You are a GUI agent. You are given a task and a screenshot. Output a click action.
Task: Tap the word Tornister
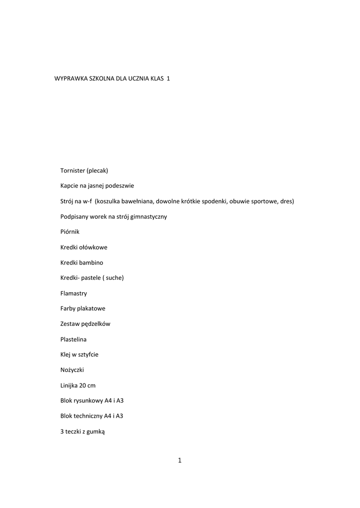coord(72,170)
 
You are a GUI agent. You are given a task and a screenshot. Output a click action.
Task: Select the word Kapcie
coord(70,186)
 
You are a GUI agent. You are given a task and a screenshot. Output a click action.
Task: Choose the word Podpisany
coord(74,216)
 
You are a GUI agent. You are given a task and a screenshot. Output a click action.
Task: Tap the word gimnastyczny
coord(148,216)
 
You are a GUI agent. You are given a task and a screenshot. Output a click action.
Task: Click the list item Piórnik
coord(70,232)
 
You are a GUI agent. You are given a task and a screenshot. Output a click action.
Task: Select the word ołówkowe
coord(93,247)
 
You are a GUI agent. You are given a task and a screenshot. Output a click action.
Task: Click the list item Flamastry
coord(73,293)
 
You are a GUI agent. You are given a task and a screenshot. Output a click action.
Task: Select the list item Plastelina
coord(74,339)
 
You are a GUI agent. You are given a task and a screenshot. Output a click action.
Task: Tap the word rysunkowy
coord(88,401)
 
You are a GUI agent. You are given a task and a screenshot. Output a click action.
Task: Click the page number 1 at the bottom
coord(180,461)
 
